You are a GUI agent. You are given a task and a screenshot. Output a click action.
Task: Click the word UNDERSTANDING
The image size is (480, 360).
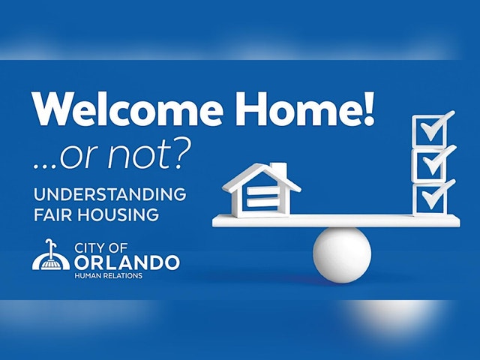110,194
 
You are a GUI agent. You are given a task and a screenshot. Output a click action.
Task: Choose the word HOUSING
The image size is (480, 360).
118,214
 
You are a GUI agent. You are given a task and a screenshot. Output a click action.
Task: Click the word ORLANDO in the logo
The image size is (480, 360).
127,262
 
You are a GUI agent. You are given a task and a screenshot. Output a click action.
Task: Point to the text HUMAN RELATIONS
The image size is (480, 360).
108,276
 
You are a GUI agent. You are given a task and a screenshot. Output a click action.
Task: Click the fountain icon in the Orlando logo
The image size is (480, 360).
51,255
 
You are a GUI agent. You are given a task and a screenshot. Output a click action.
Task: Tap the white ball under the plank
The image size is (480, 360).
342,255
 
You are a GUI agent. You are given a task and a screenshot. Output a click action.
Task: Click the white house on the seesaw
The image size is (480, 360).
262,190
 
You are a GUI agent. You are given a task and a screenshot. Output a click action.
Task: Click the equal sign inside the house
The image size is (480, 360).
263,196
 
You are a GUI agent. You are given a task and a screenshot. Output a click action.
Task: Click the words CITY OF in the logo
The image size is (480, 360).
101,248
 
